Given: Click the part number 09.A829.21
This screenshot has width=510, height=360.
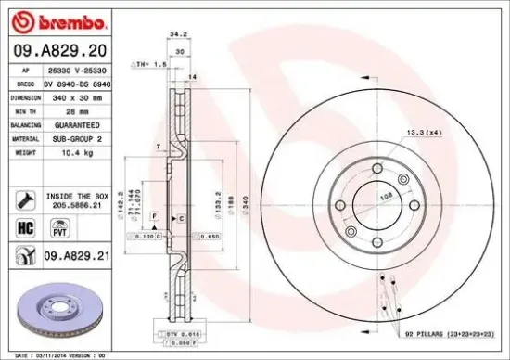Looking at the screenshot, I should point(70,254).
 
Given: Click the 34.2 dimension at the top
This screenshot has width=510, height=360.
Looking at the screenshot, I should point(172,33).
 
